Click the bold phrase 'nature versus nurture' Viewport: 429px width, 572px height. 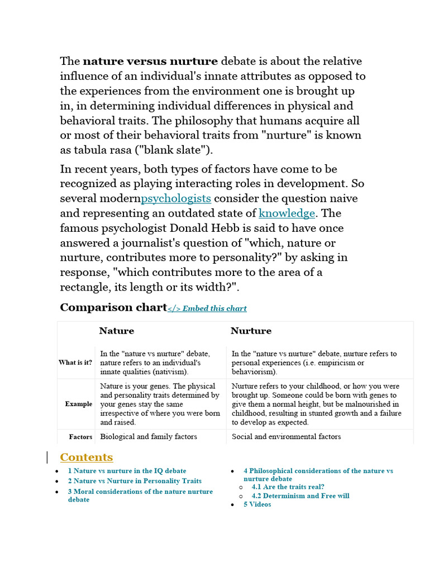click(x=150, y=61)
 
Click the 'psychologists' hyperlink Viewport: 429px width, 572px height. click(x=176, y=198)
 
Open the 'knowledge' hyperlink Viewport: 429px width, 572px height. click(x=287, y=213)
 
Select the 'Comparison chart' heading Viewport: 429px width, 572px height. click(x=113, y=307)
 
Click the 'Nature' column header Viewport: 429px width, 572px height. click(x=117, y=331)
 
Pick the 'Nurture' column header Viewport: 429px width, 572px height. click(x=251, y=331)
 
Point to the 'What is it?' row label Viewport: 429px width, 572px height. click(x=75, y=363)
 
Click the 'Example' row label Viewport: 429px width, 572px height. click(x=78, y=404)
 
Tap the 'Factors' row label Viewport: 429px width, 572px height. click(x=80, y=437)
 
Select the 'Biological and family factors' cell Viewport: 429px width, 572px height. click(x=149, y=437)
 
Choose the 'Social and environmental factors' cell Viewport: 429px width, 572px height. click(x=286, y=437)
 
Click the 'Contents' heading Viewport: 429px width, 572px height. click(x=86, y=457)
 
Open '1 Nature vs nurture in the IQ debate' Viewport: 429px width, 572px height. click(x=127, y=471)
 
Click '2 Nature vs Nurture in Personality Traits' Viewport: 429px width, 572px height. click(x=135, y=481)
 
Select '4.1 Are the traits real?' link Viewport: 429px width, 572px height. click(x=288, y=487)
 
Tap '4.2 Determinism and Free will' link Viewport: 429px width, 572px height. click(x=300, y=496)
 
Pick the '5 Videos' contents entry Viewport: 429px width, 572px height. click(x=257, y=504)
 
